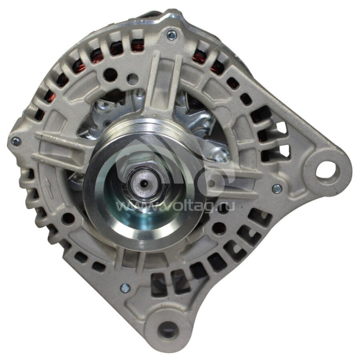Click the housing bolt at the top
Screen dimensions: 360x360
coord(171,34)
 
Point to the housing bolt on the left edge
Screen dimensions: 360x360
coord(14,141)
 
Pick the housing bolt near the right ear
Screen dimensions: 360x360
coord(277,188)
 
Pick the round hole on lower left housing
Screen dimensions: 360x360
coord(69,219)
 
